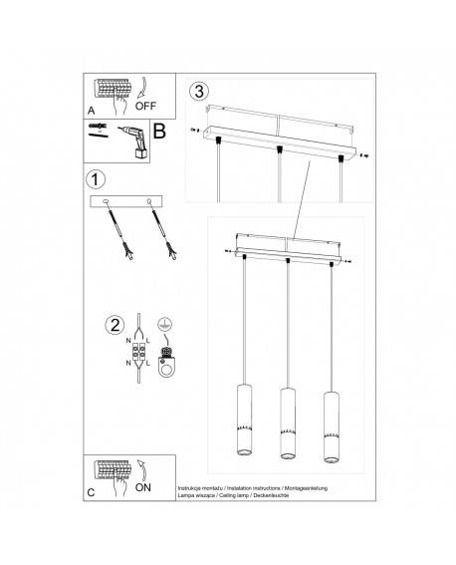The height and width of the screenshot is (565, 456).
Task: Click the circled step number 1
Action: tap(95, 180)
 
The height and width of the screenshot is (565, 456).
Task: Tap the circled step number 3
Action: tap(201, 91)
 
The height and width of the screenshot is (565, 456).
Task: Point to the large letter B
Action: tap(157, 134)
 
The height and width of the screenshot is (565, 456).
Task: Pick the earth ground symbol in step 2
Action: tap(164, 324)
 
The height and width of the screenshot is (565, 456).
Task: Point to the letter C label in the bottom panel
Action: tap(92, 493)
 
